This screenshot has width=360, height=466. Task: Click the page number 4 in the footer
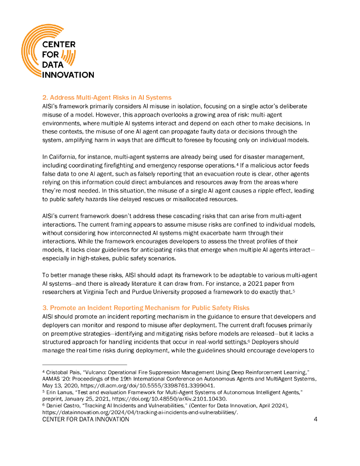click(315, 420)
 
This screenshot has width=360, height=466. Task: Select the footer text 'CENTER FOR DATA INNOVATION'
click(86, 420)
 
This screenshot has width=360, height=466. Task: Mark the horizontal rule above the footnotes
click(85, 365)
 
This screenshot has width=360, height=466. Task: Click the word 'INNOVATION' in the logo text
click(68, 75)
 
